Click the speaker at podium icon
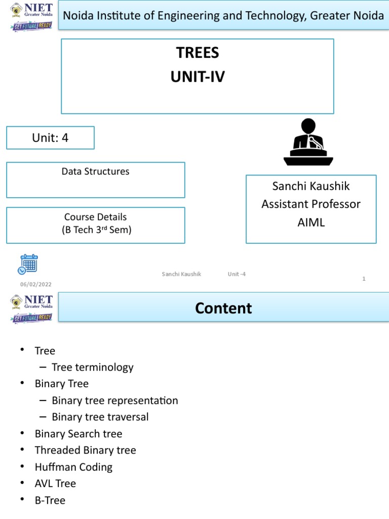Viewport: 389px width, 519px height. point(308,142)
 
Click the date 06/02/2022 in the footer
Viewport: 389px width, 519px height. point(35,284)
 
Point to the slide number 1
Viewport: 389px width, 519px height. point(364,279)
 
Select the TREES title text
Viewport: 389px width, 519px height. point(198,53)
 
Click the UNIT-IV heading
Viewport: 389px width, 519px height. point(198,77)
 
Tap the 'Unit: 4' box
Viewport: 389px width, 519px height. point(50,138)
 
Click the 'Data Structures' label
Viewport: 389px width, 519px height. point(95,171)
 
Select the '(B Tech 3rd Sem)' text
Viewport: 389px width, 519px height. point(95,230)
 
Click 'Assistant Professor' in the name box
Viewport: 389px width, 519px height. point(311,204)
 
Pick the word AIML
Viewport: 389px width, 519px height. point(311,223)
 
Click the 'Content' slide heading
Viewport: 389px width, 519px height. point(223,308)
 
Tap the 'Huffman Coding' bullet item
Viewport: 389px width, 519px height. point(73,467)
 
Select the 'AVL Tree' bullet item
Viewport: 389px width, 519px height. point(55,484)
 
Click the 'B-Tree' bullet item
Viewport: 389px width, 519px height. point(50,500)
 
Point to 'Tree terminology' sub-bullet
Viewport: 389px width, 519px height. point(93,367)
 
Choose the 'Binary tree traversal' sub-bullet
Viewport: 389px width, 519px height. point(100,417)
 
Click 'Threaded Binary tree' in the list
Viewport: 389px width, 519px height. point(85,450)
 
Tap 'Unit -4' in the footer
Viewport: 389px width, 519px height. point(237,274)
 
